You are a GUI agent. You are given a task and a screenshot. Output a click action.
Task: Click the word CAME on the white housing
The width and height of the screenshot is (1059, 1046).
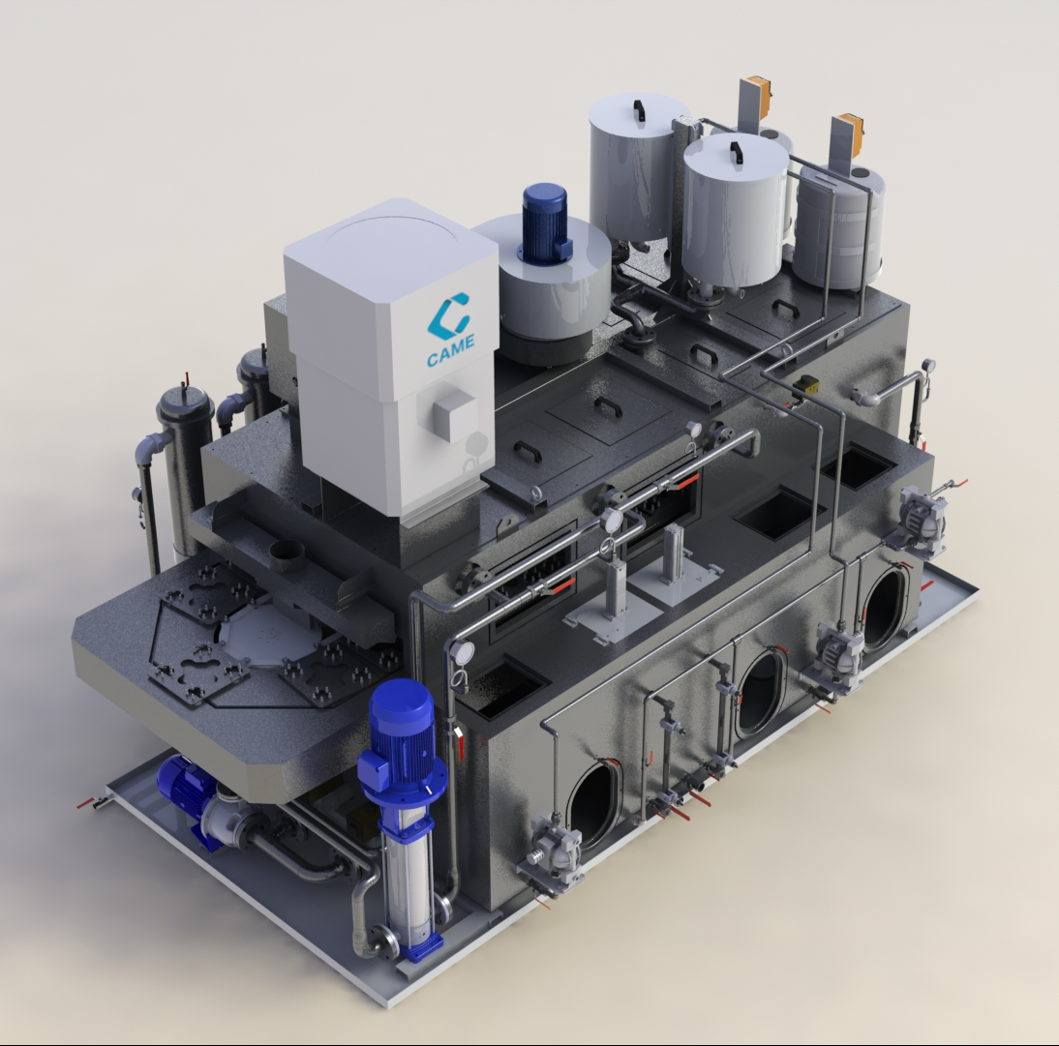(450, 349)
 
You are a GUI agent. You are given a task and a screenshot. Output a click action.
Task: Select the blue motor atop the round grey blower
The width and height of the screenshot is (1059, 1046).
(545, 222)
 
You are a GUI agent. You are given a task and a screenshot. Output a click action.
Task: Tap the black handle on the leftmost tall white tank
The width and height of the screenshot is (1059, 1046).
(637, 109)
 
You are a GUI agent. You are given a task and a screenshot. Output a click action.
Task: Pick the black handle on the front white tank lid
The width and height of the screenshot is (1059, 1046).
(736, 152)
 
